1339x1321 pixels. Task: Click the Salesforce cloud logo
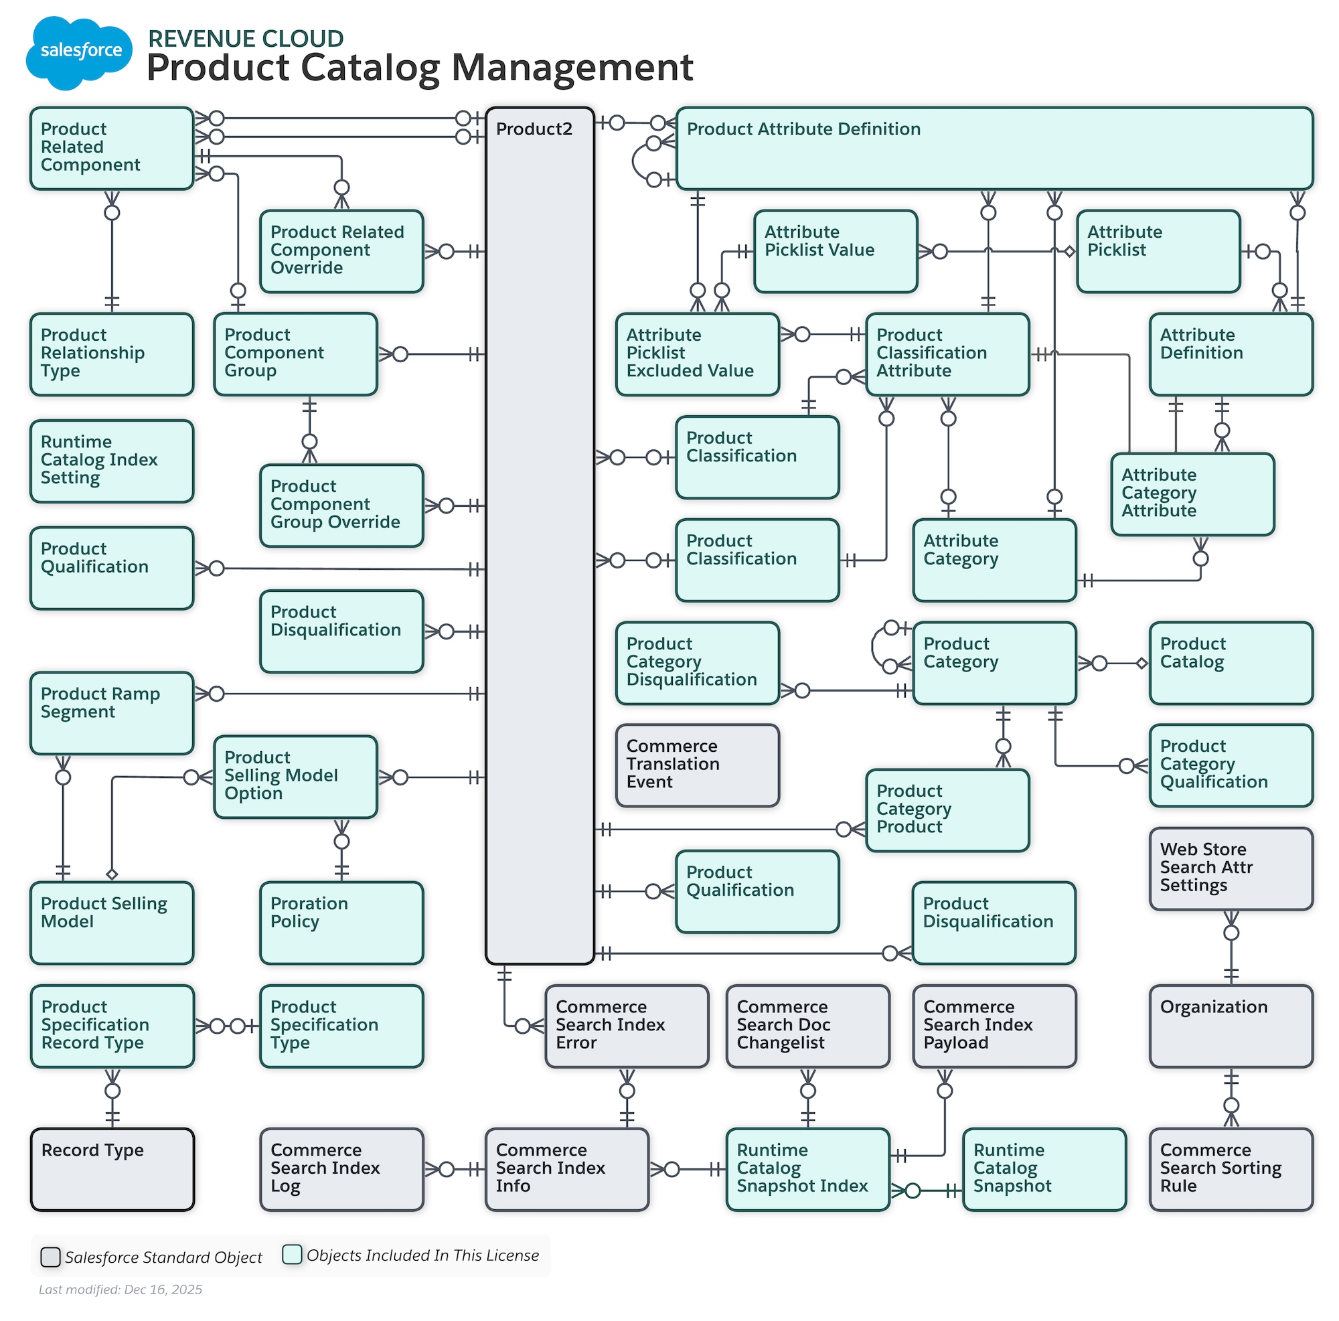[78, 52]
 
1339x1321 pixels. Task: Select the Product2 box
[539, 534]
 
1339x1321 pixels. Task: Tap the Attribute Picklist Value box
[835, 251]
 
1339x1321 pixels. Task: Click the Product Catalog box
[1230, 663]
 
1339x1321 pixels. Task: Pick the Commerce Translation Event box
[697, 765]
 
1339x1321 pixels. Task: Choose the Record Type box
[112, 1168]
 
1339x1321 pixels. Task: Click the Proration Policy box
[341, 922]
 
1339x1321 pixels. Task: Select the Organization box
[1230, 1025]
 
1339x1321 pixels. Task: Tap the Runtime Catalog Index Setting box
[112, 460]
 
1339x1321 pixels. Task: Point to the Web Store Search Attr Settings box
[1230, 868]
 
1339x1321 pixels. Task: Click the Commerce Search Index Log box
[341, 1168]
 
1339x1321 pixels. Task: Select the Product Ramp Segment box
[112, 712]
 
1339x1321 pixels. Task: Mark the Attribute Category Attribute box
[1192, 493]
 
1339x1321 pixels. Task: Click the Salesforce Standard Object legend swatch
[50, 1256]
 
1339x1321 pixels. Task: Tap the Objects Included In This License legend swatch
[292, 1254]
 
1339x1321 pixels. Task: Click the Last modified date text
[120, 1288]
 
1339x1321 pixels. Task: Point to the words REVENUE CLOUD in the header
[245, 38]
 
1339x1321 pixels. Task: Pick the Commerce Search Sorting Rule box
[1230, 1168]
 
